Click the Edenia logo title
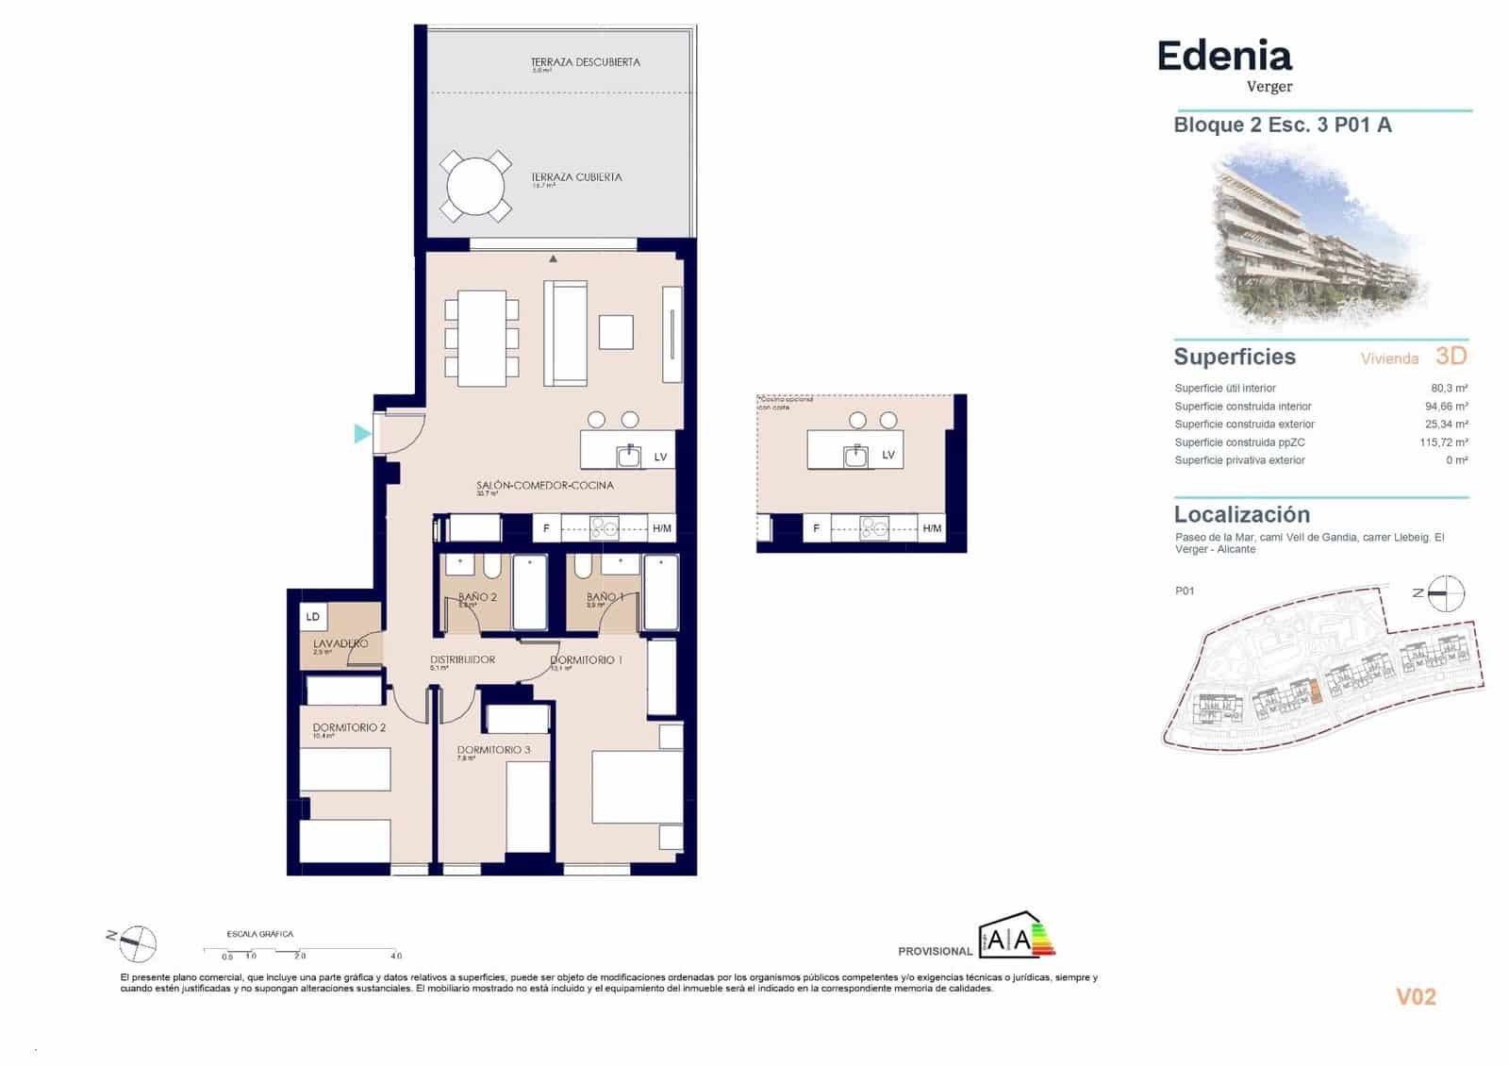pyautogui.click(x=1224, y=57)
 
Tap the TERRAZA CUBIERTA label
pyautogui.click(x=576, y=176)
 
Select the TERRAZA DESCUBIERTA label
pyautogui.click(x=585, y=62)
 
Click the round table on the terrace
pyautogui.click(x=475, y=187)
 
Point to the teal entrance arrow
pyautogui.click(x=362, y=434)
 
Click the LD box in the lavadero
pyautogui.click(x=313, y=617)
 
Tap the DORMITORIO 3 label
pyautogui.click(x=493, y=750)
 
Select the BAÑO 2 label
pyautogui.click(x=477, y=597)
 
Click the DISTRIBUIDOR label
pyautogui.click(x=462, y=659)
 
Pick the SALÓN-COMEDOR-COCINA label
pyautogui.click(x=544, y=485)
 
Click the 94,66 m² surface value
pyautogui.click(x=1446, y=407)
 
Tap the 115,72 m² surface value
pyautogui.click(x=1443, y=442)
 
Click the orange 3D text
pyautogui.click(x=1451, y=356)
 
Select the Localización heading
pyautogui.click(x=1241, y=514)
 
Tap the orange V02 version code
pyautogui.click(x=1416, y=997)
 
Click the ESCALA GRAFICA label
pyautogui.click(x=260, y=934)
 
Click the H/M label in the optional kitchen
pyautogui.click(x=932, y=528)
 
